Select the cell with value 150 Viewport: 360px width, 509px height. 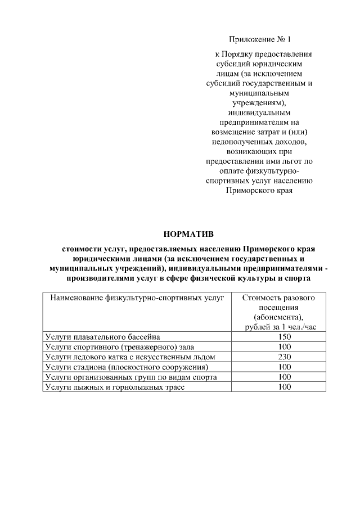point(285,336)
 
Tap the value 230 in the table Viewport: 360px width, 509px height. point(285,357)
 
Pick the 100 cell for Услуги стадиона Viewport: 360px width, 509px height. point(285,367)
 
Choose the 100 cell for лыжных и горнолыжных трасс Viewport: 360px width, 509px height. point(285,387)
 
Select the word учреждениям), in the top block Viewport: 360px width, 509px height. point(259,101)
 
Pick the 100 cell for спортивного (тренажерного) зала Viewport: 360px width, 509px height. point(285,346)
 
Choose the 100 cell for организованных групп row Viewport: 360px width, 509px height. point(285,377)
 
